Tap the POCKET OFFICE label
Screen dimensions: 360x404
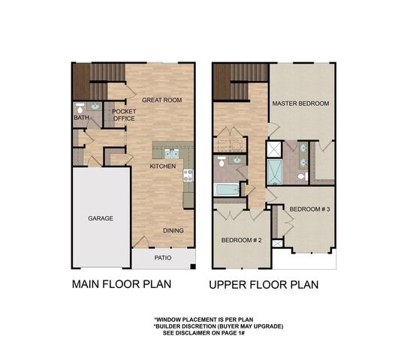pyautogui.click(x=123, y=115)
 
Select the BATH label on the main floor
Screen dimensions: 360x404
pyautogui.click(x=81, y=118)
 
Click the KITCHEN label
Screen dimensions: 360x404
pyautogui.click(x=162, y=165)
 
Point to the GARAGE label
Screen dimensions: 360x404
pyautogui.click(x=100, y=218)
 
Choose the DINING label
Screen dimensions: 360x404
pyautogui.click(x=174, y=231)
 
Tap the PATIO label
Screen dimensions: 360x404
pyautogui.click(x=163, y=258)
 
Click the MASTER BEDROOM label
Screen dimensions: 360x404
pyautogui.click(x=300, y=103)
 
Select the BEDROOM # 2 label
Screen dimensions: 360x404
pyautogui.click(x=240, y=240)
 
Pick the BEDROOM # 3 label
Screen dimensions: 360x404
pyautogui.click(x=310, y=208)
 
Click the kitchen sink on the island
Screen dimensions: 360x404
pyautogui.click(x=171, y=153)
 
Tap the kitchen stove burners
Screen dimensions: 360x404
pyautogui.click(x=188, y=175)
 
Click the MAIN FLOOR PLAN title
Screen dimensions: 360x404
pyautogui.click(x=121, y=284)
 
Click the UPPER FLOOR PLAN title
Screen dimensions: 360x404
pyautogui.click(x=264, y=284)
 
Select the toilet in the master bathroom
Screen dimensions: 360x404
pyautogui.click(x=300, y=177)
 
